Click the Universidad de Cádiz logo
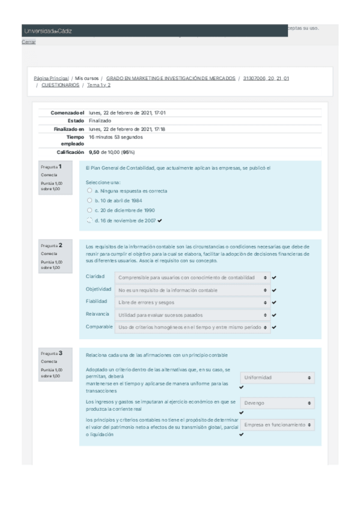[x=47, y=31]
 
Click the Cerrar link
[x=28, y=41]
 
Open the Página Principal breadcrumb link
[x=51, y=78]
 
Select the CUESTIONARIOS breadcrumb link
[x=60, y=85]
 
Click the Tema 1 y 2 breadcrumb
[x=99, y=85]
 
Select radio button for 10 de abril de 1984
[x=90, y=200]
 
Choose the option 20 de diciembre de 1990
[x=90, y=210]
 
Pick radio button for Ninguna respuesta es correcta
[x=90, y=191]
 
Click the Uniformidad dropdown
[x=277, y=378]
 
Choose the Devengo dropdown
[x=277, y=403]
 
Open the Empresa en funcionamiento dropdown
[x=277, y=425]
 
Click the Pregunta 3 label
[x=52, y=353]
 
